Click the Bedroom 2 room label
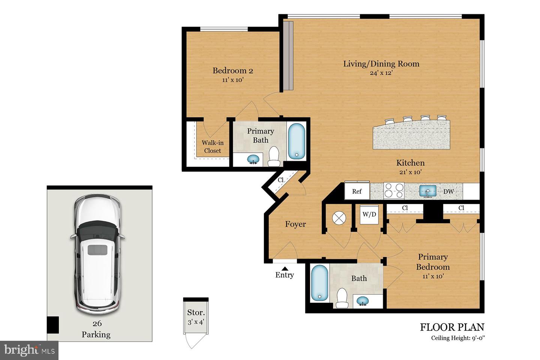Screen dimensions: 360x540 232,70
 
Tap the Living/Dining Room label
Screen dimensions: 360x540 381,64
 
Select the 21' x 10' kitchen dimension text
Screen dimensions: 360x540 410,172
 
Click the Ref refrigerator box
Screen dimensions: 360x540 357,191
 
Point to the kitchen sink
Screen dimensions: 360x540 427,191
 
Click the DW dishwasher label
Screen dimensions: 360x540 448,192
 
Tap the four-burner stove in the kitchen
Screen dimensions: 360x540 394,190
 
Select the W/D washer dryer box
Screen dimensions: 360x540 369,214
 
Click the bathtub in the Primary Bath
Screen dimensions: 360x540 297,141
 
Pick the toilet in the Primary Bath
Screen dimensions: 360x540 274,157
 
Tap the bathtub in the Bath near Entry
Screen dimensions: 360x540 319,283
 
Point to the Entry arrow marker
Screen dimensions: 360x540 285,268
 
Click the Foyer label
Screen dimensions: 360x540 295,224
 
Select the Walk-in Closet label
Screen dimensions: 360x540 212,147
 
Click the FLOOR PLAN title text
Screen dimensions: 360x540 452,327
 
